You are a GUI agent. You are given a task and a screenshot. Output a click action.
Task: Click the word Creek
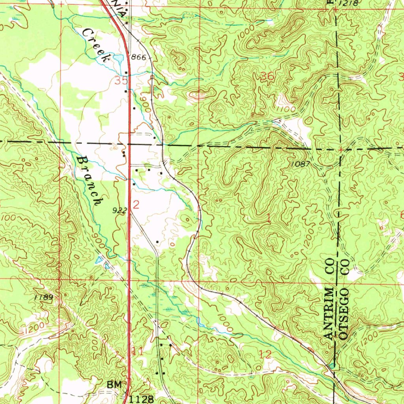[96, 46]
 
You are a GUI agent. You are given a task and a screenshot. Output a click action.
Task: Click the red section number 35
[122, 80]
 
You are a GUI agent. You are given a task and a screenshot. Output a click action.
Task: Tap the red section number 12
[266, 354]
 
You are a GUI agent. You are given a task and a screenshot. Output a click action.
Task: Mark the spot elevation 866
[138, 58]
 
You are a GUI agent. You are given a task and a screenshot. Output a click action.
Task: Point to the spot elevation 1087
[301, 163]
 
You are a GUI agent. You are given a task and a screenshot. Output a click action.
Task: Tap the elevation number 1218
[348, 3]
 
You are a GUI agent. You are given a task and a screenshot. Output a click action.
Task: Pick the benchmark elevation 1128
[141, 399]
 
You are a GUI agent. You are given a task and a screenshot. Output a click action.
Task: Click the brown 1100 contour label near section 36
[286, 108]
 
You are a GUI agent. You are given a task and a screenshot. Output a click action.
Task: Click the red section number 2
[136, 204]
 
